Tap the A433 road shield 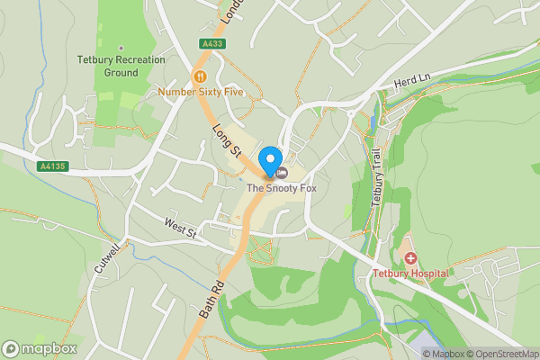213,42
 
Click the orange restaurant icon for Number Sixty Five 200,76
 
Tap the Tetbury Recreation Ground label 121,66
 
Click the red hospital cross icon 410,257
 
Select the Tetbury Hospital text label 410,273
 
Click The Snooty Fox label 282,188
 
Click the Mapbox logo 40,348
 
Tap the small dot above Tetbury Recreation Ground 121,49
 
